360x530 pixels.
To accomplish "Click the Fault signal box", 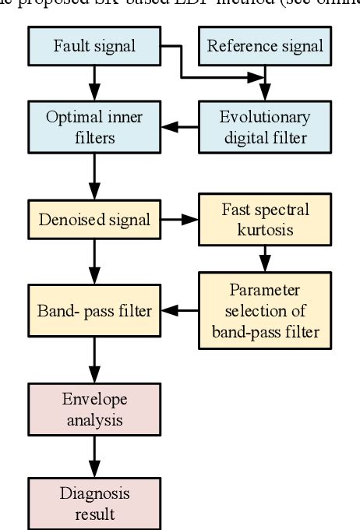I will [94, 45].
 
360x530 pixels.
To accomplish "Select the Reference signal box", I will [265, 45].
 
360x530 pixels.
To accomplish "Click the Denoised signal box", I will [94, 220].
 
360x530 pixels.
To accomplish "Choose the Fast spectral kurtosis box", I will [265, 220].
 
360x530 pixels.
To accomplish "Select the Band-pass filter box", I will [94, 311].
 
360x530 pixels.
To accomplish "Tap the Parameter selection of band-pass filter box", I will [265, 311].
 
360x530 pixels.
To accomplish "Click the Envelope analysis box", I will [94, 410].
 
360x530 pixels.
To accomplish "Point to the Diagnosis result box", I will [94, 503].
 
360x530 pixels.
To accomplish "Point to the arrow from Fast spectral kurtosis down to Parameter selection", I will [265, 257].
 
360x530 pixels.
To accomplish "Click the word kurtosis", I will [265, 230].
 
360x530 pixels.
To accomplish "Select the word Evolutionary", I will [265, 118].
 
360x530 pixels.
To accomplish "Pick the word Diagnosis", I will [94, 493].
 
